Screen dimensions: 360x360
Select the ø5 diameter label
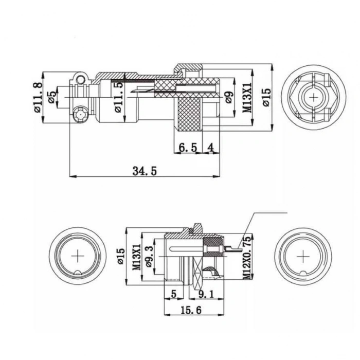pos(51,96)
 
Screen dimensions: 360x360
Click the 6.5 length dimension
pos(188,148)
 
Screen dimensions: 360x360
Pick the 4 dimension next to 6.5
pos(210,148)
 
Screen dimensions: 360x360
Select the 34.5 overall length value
pos(144,171)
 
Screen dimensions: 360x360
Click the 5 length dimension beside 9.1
pos(173,295)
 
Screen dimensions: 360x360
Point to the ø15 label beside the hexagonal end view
pos(266,96)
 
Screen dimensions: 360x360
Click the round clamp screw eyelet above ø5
pos(78,79)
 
